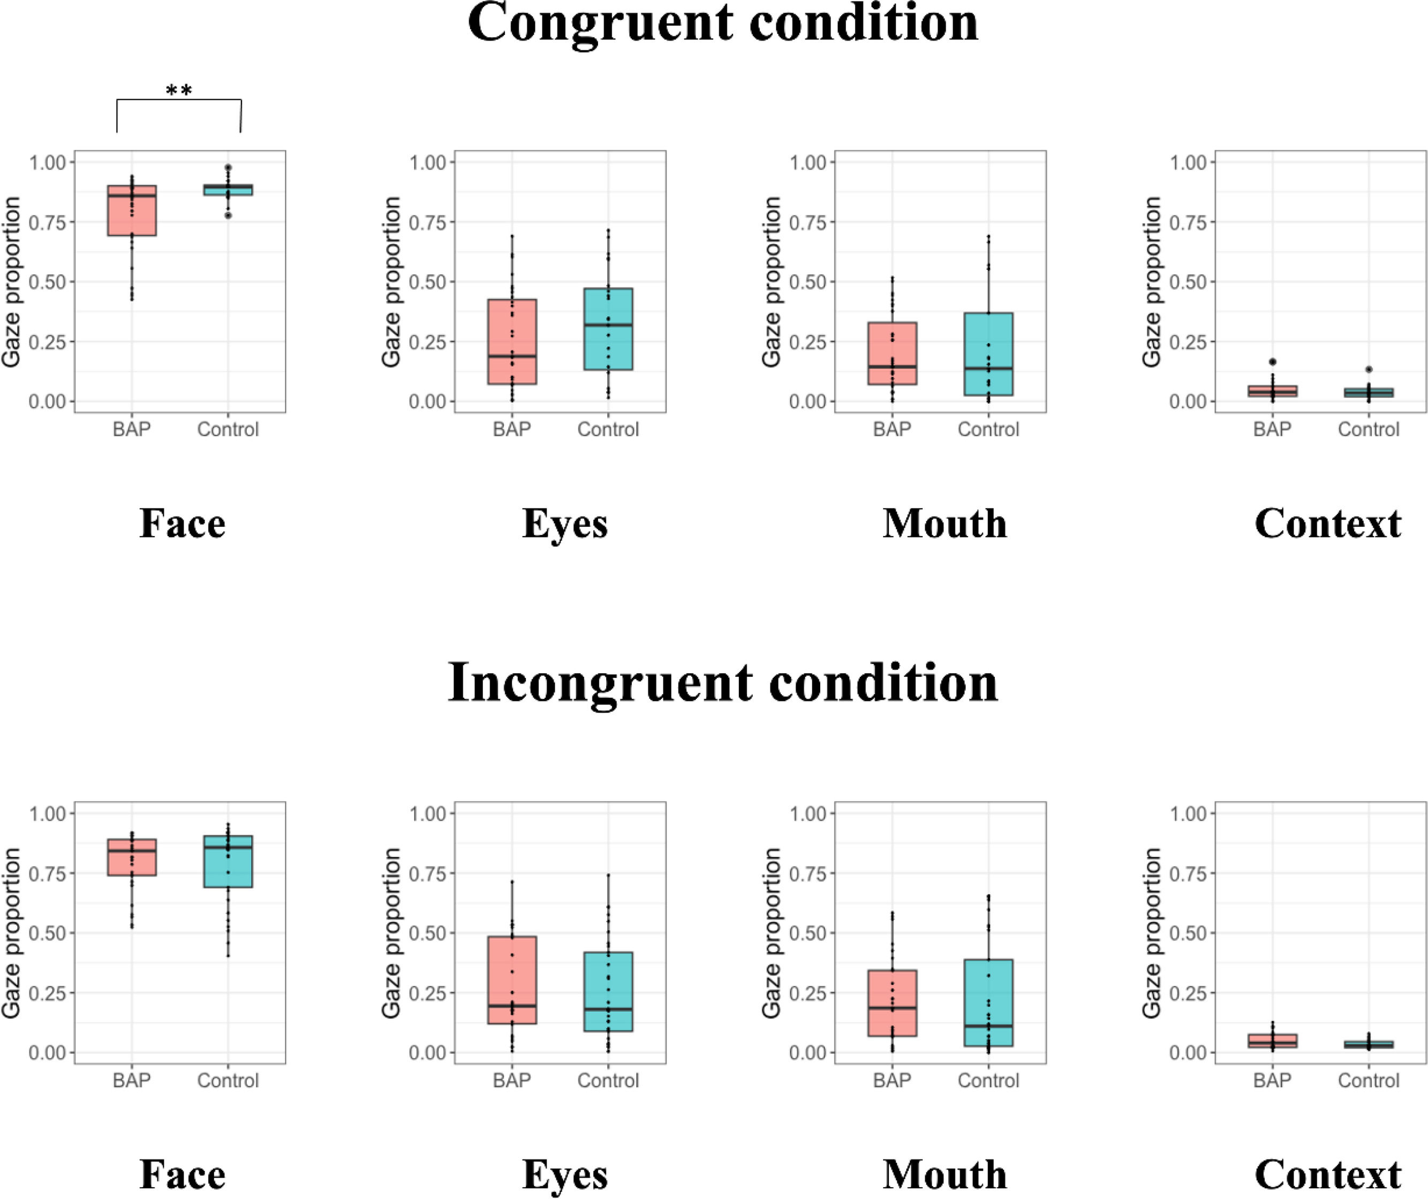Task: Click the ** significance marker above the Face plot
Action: [x=179, y=91]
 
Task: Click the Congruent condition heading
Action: [x=723, y=23]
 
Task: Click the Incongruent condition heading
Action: [x=723, y=682]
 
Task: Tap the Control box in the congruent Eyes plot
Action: [x=608, y=329]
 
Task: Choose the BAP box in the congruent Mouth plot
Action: [x=892, y=353]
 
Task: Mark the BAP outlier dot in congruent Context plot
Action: [x=1272, y=362]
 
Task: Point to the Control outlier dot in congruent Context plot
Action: [x=1369, y=369]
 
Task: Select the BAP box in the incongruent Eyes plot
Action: [x=512, y=980]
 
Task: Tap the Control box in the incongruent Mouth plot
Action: [x=988, y=1002]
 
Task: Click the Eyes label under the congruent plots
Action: [x=564, y=524]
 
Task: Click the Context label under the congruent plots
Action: [x=1327, y=524]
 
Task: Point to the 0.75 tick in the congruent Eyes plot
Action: [x=427, y=222]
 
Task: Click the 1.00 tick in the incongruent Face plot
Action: [x=47, y=813]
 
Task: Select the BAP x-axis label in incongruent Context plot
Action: [x=1272, y=1081]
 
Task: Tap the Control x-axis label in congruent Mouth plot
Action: [x=988, y=430]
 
